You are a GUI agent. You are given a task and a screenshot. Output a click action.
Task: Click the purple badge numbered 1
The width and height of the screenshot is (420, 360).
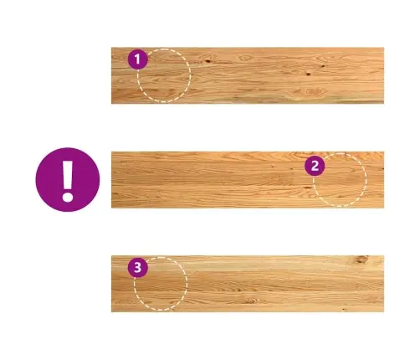(137, 59)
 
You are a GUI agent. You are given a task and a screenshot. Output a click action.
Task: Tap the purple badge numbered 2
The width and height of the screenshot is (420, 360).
(315, 166)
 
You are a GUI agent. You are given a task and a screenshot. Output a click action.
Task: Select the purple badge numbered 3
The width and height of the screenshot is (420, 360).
(138, 267)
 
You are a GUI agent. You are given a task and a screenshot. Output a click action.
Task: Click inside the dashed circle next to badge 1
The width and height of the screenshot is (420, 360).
(164, 75)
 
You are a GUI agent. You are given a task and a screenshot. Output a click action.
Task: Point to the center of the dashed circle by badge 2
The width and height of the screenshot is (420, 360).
(340, 180)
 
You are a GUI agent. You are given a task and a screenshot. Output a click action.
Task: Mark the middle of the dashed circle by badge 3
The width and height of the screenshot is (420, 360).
(161, 284)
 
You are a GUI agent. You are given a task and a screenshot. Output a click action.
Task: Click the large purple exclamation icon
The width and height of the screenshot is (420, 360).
(68, 180)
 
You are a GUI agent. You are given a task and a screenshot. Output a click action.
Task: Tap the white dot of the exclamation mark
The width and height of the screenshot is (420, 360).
(68, 197)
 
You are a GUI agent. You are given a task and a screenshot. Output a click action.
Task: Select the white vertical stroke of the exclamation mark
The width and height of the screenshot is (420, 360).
(67, 174)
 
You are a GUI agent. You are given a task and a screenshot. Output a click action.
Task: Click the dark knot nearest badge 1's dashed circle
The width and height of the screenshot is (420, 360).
(207, 60)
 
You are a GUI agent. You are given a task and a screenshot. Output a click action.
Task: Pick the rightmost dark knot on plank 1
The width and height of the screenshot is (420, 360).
(323, 66)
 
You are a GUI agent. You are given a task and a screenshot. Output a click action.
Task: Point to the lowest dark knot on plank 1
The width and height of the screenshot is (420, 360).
(308, 74)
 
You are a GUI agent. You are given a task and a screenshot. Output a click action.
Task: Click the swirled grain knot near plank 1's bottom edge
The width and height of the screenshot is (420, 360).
(311, 91)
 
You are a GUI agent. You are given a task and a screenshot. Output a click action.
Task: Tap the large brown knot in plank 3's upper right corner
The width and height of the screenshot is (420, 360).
(361, 260)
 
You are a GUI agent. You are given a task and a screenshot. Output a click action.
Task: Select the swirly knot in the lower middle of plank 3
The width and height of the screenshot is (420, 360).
(250, 301)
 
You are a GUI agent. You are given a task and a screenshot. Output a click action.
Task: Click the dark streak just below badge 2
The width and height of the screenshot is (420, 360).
(308, 188)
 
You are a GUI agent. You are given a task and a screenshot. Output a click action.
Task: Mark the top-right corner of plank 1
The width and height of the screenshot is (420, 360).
(384, 48)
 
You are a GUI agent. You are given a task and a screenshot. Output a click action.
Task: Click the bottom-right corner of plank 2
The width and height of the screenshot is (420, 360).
(384, 208)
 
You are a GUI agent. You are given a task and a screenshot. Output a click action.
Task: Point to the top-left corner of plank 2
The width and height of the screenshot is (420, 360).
(111, 152)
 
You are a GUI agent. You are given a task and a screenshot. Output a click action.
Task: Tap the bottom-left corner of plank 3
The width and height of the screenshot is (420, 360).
(111, 312)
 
